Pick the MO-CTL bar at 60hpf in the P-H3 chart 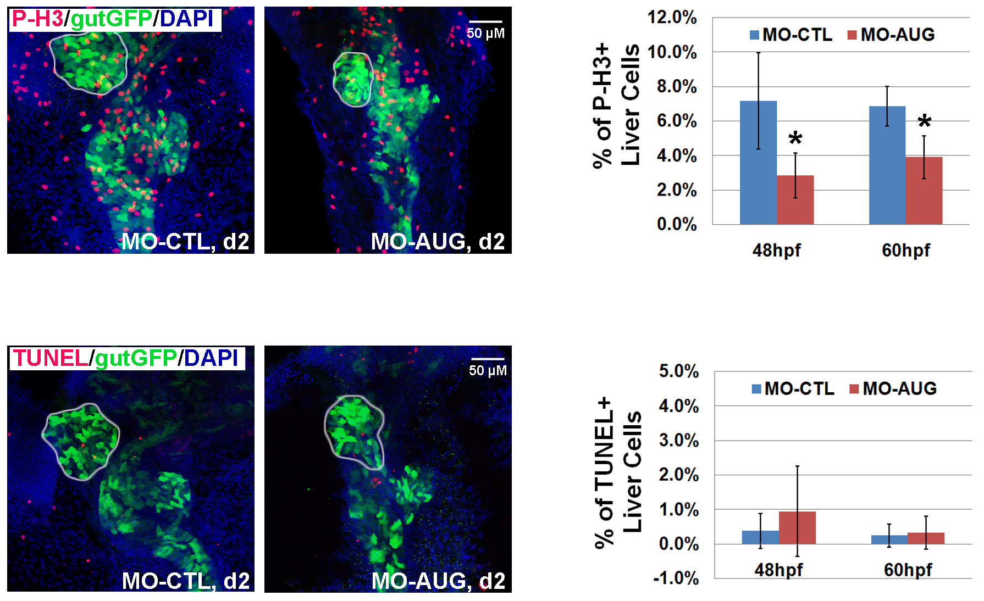point(887,165)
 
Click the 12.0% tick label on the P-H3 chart point(672,18)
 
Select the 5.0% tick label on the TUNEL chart point(678,371)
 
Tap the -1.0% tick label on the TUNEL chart point(676,578)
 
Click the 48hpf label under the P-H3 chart point(776,251)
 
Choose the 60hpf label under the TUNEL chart point(908,570)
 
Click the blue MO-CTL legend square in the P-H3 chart point(754,35)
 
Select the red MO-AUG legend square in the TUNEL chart point(854,389)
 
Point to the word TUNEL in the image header point(50,358)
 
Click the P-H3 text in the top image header point(37,19)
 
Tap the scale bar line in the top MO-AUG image point(485,22)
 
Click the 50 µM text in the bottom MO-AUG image point(488,370)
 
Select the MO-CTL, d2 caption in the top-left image point(185,242)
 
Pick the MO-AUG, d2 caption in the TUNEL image point(438,581)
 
